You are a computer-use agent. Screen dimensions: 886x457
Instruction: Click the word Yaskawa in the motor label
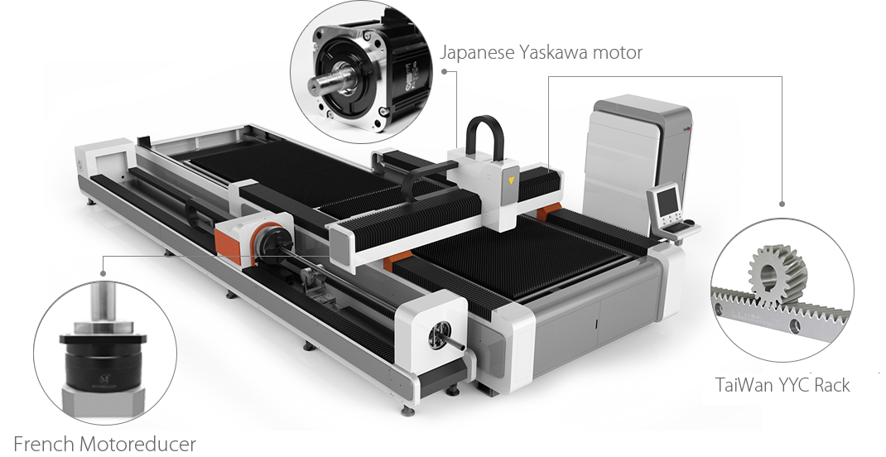point(554,52)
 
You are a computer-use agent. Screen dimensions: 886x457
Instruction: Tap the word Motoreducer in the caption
point(138,444)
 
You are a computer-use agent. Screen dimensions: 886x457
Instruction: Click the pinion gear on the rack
point(777,273)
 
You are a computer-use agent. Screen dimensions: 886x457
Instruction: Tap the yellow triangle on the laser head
point(512,180)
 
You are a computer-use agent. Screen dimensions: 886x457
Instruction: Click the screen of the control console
point(668,200)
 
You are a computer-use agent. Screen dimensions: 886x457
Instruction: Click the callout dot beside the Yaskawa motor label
point(444,72)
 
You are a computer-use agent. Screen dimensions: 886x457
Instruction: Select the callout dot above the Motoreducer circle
point(103,273)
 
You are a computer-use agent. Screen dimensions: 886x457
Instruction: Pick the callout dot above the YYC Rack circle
point(782,204)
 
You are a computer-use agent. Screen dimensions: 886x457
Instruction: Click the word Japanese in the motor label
point(477,52)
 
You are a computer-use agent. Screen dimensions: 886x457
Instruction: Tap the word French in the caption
point(44,444)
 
